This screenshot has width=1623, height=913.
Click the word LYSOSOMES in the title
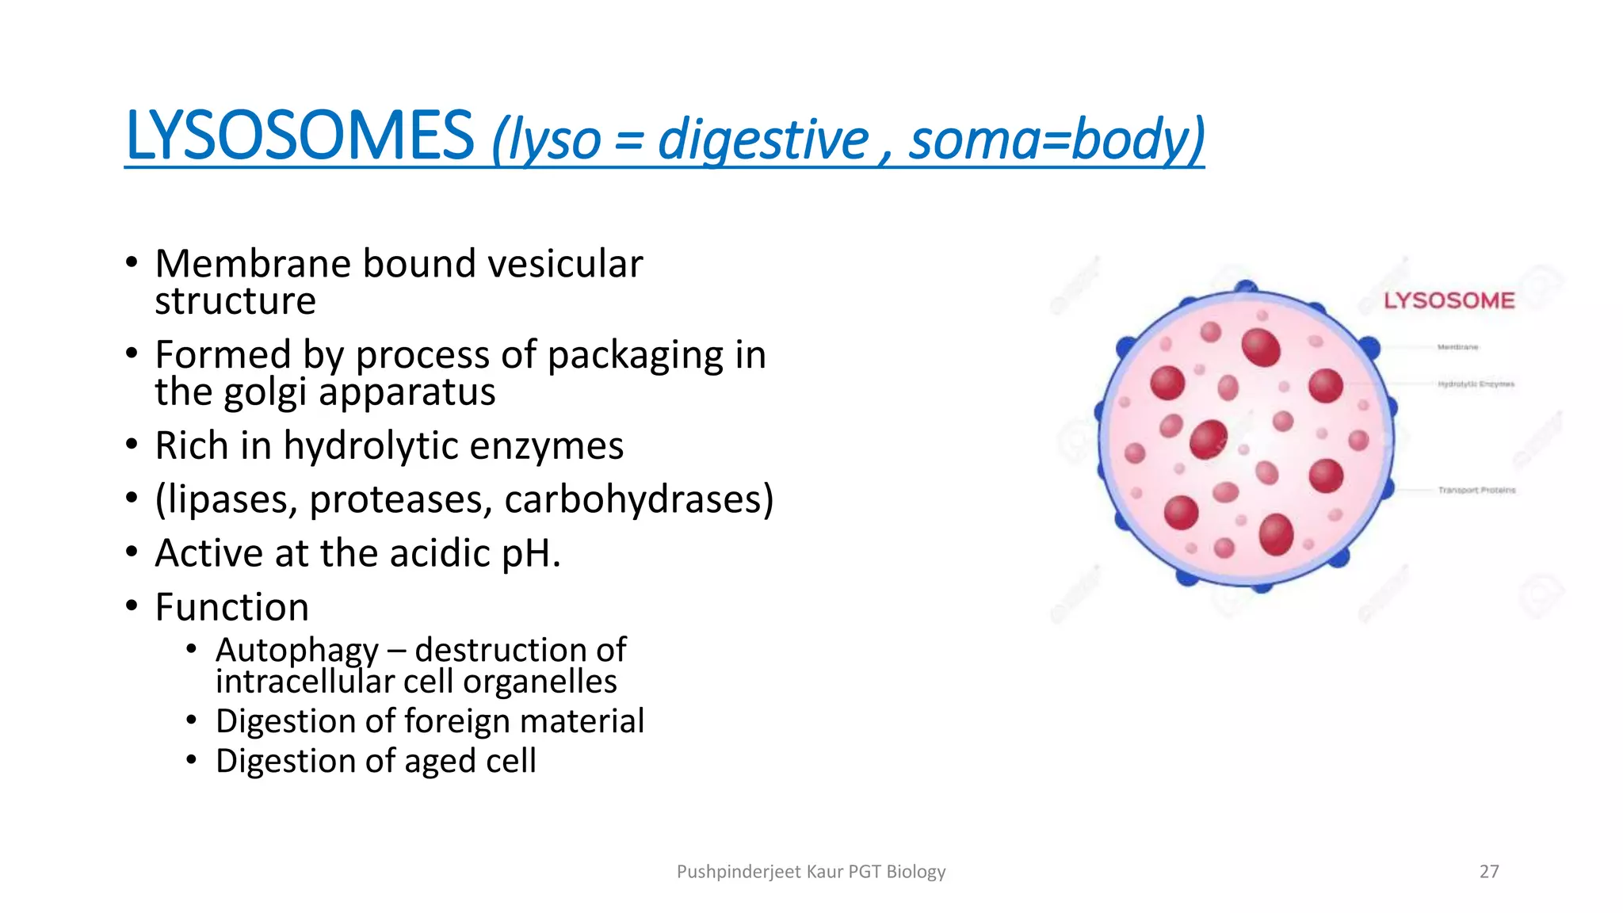click(300, 136)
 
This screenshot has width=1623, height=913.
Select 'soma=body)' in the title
click(1056, 139)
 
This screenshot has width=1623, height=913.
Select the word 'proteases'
click(401, 500)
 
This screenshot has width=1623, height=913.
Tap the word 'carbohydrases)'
click(639, 500)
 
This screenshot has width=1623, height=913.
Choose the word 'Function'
click(231, 608)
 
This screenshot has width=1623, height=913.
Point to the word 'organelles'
click(540, 682)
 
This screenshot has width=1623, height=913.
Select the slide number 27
click(1489, 872)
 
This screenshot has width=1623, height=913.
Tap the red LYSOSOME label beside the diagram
click(1449, 301)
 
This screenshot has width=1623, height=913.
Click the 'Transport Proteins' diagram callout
click(1476, 491)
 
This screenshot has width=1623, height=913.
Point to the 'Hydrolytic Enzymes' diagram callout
click(1476, 384)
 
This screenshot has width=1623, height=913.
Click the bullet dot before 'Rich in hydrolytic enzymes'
click(132, 445)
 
